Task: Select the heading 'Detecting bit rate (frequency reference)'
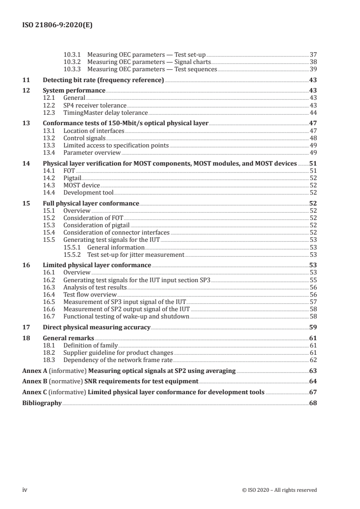[103, 80]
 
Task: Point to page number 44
[313, 113]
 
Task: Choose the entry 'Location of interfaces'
[94, 131]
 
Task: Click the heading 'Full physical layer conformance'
[91, 203]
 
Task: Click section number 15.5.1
[73, 247]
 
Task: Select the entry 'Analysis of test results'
[95, 287]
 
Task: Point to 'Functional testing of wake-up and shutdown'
[126, 316]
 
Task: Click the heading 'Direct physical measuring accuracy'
[96, 327]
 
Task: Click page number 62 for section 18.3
[313, 360]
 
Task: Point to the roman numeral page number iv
[25, 489]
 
